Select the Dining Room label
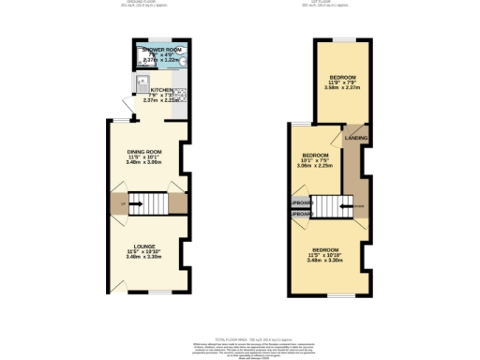click(x=145, y=152)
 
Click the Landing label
click(x=356, y=138)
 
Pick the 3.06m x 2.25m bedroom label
click(x=315, y=155)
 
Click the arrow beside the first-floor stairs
click(x=349, y=206)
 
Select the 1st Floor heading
click(x=337, y=3)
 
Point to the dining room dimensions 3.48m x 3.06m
click(x=145, y=163)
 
